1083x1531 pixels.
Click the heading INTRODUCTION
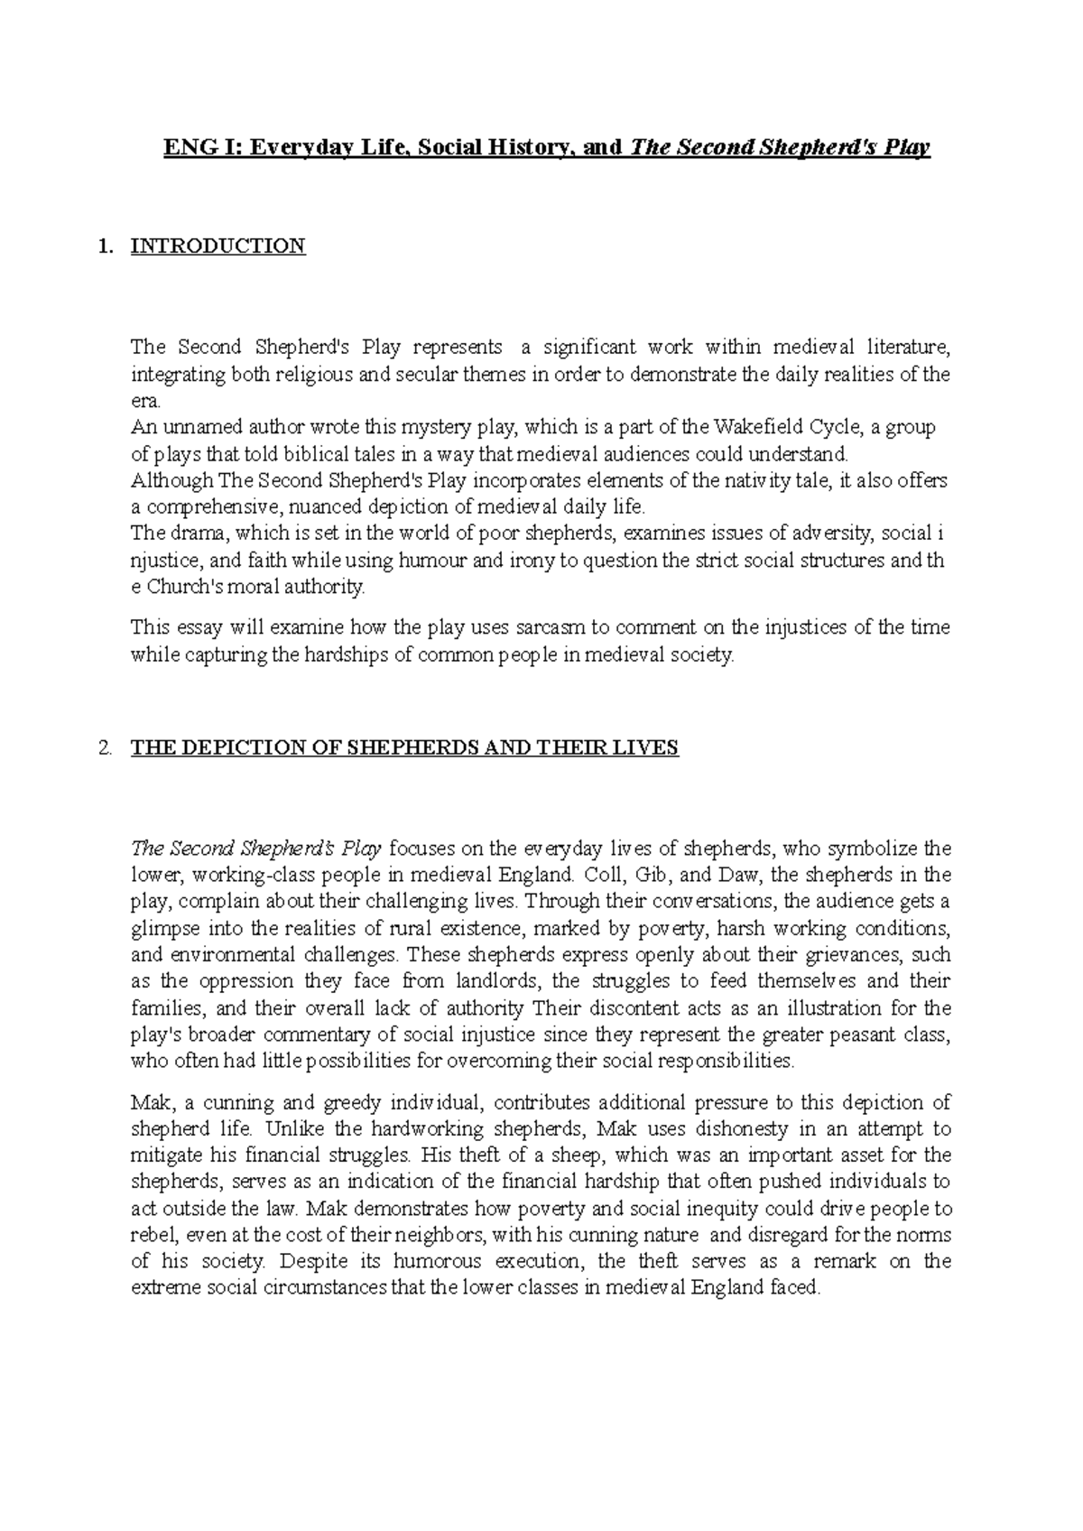(218, 246)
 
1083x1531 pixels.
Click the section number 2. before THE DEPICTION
(106, 748)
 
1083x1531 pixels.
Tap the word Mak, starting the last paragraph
(149, 1103)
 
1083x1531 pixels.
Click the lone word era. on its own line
(144, 401)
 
